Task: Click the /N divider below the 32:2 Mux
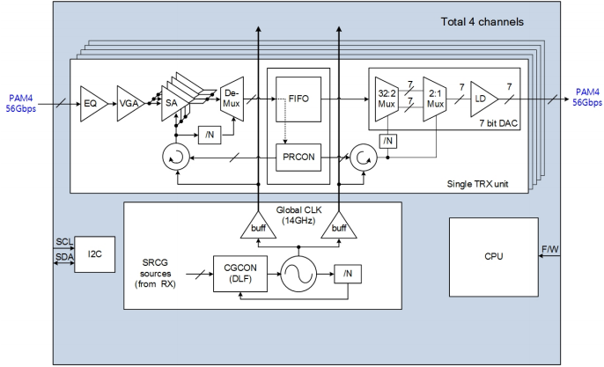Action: (x=387, y=140)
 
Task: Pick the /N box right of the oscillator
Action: (x=347, y=274)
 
